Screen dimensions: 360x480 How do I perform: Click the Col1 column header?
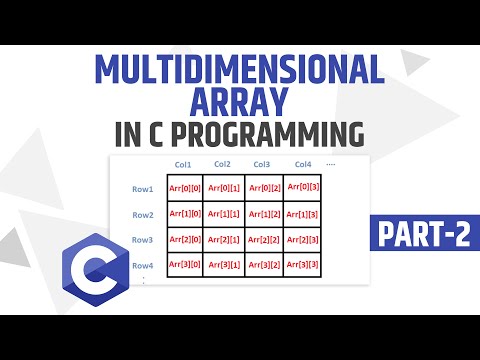point(182,164)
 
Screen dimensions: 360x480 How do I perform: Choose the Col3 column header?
point(262,164)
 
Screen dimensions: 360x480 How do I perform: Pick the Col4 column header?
point(302,164)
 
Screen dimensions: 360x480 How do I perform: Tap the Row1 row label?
point(143,188)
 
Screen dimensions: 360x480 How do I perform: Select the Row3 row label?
point(143,240)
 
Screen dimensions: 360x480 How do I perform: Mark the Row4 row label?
point(143,265)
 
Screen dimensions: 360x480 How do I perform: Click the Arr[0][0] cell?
point(182,188)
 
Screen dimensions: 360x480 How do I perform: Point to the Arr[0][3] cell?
point(303,186)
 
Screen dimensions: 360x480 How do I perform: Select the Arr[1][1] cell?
point(222,213)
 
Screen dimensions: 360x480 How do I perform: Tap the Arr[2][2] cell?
point(263,240)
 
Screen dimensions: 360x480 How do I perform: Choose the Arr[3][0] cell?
point(182,265)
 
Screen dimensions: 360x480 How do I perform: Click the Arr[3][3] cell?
point(303,265)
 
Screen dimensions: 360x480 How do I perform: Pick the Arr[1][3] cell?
point(303,213)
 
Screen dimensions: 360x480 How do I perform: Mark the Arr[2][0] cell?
point(182,240)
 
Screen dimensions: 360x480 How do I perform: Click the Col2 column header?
point(222,164)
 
